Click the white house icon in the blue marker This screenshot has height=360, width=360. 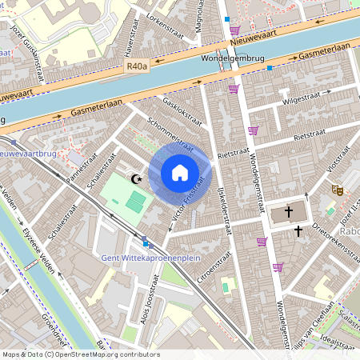coord(180,173)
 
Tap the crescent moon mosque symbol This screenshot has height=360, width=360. coord(136,180)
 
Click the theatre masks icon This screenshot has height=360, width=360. coord(338,190)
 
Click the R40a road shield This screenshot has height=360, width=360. coord(138,69)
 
